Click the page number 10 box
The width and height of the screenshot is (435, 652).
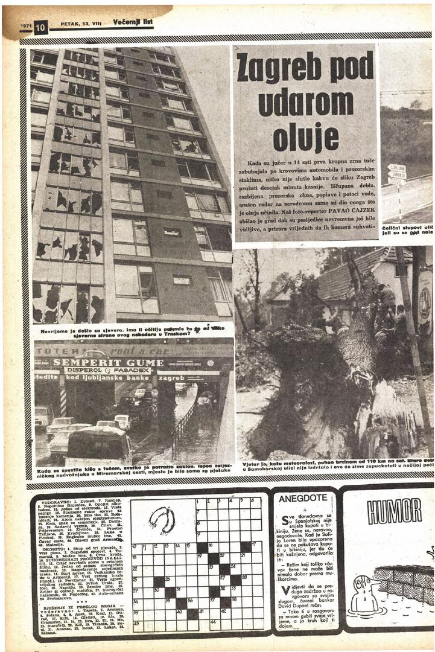pos(40,27)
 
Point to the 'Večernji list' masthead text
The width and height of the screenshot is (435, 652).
pos(133,22)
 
